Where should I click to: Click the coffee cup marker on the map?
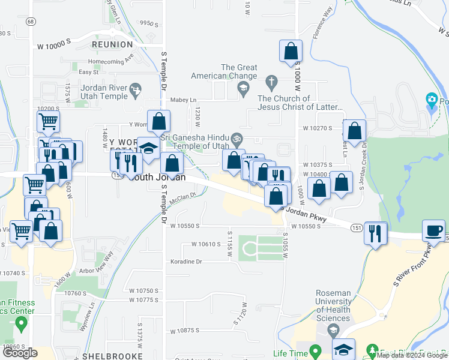(x=433, y=230)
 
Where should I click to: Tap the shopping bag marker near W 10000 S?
(x=291, y=51)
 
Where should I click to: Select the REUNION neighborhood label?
(x=112, y=44)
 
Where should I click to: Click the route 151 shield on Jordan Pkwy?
(x=357, y=228)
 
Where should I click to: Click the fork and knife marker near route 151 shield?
(x=375, y=232)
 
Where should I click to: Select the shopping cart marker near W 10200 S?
(x=47, y=122)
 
